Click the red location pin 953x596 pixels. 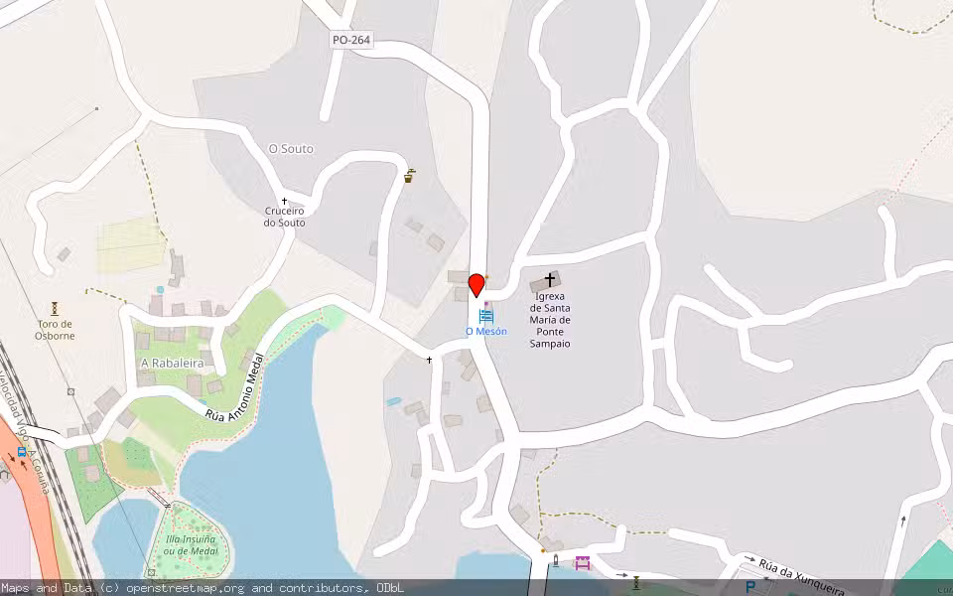[x=476, y=285]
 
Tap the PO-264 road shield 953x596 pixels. [x=351, y=40]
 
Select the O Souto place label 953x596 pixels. [x=291, y=149]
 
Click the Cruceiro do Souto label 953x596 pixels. [x=284, y=217]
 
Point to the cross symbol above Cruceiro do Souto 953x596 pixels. [x=284, y=201]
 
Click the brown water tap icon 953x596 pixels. [x=409, y=177]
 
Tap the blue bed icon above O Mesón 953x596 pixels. [x=486, y=316]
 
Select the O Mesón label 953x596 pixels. [x=485, y=331]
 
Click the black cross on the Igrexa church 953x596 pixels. [x=550, y=280]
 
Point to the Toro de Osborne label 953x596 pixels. [x=56, y=330]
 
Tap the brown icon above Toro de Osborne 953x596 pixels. [x=56, y=309]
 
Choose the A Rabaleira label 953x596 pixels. [x=172, y=364]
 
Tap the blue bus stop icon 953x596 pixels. [x=22, y=451]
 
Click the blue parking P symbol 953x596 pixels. [x=750, y=587]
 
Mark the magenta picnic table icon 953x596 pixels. [x=582, y=563]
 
